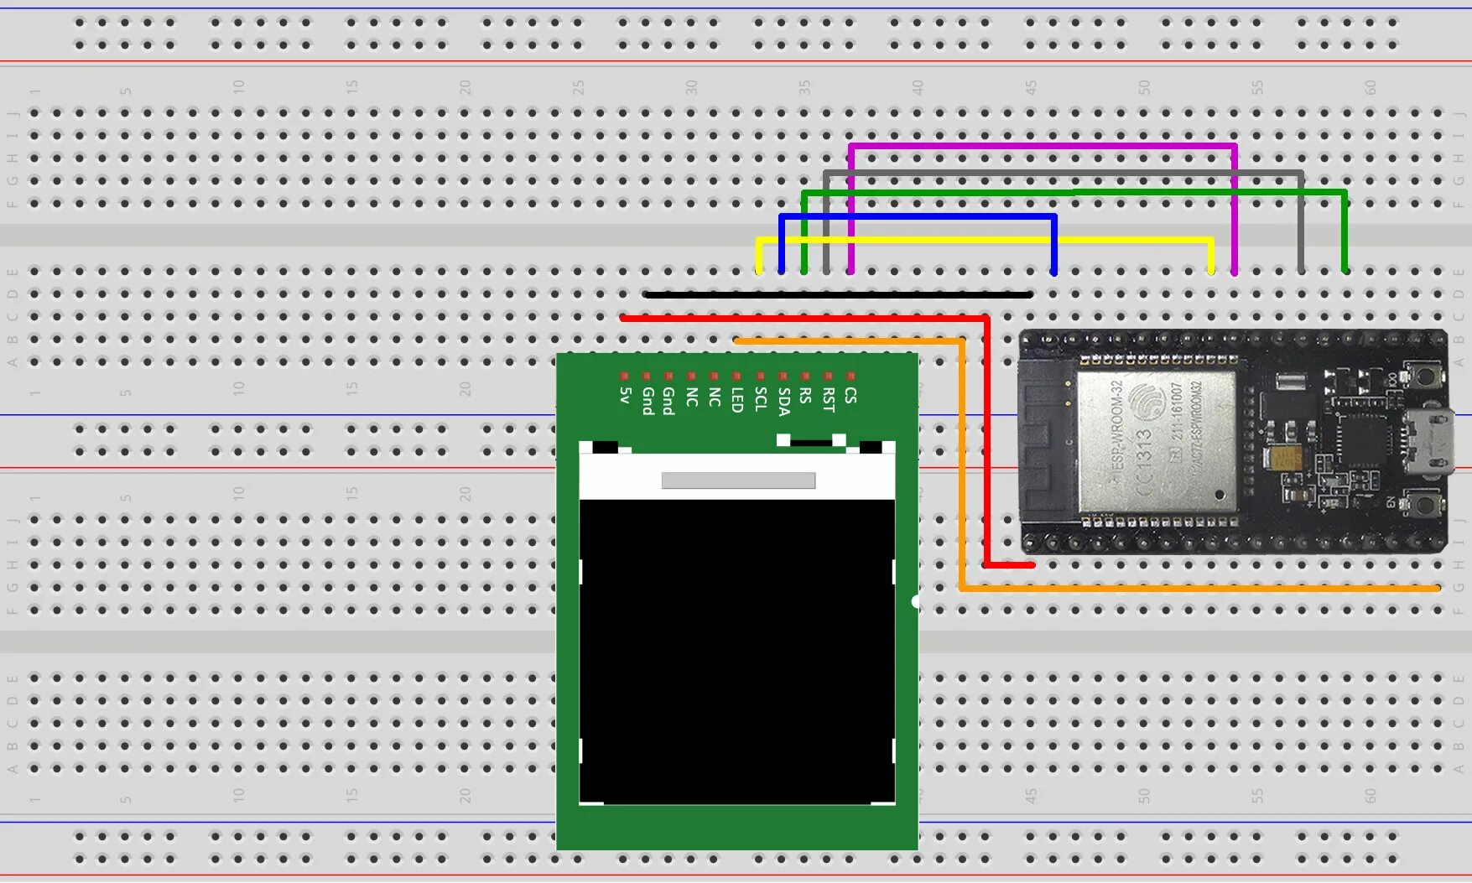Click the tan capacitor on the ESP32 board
tap(1284, 458)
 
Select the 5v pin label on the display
tap(625, 396)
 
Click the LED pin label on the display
tap(737, 400)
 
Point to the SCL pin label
tap(760, 399)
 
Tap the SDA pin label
tap(783, 402)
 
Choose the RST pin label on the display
tap(829, 400)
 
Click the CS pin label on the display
tap(850, 395)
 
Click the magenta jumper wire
tap(1040, 147)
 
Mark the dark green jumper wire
tap(1074, 193)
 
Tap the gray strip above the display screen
tap(738, 480)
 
